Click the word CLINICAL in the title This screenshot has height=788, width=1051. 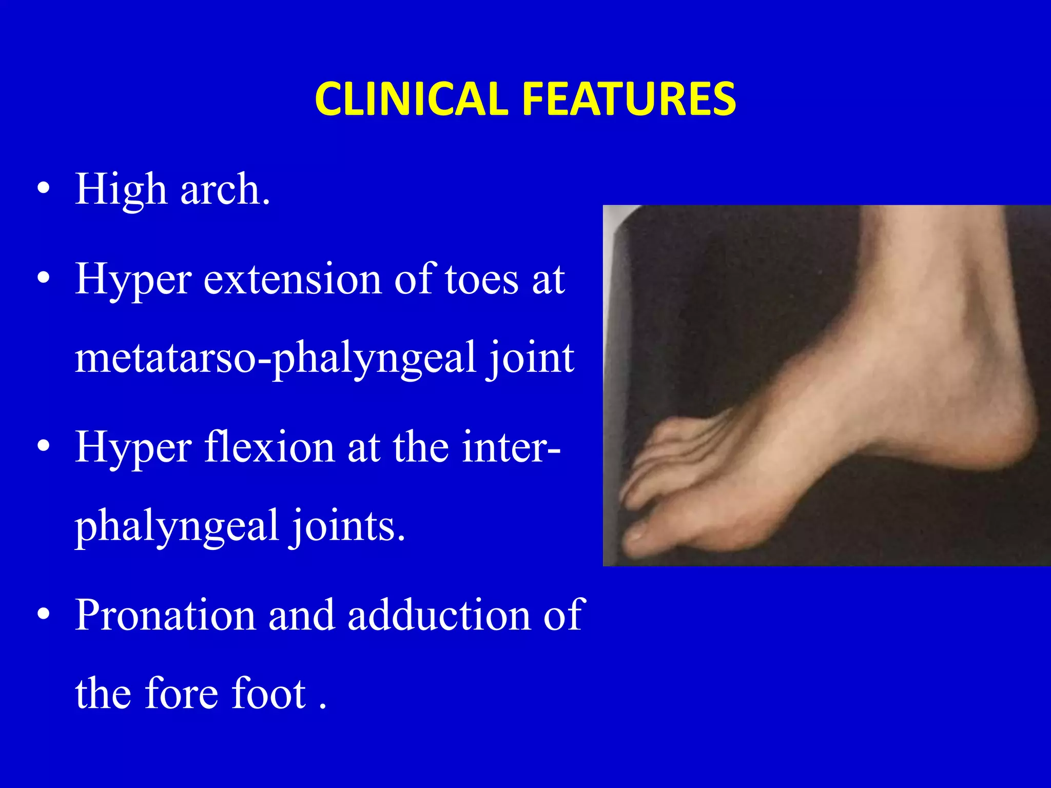coord(411,98)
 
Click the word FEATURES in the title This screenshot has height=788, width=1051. coord(629,98)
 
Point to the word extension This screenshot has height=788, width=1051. coord(293,280)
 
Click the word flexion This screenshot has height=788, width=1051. coord(269,447)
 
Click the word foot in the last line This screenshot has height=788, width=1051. coord(269,694)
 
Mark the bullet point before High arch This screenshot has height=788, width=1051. coord(44,189)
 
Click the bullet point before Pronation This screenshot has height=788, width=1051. coord(44,614)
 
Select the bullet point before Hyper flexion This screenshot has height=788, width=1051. coord(44,446)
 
